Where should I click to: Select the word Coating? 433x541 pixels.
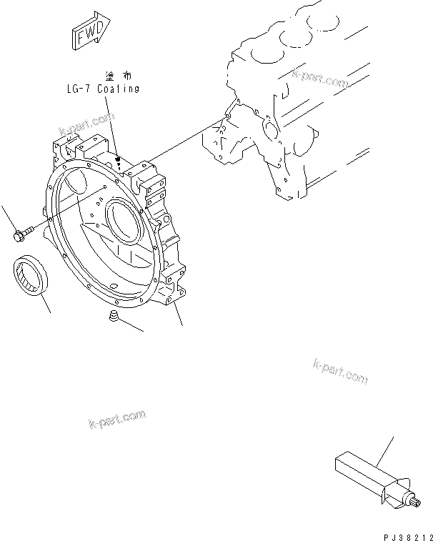(118, 89)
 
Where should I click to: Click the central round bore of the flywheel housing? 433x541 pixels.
(123, 222)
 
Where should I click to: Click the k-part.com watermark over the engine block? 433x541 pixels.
(320, 78)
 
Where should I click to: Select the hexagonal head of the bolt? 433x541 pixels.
(16, 233)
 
